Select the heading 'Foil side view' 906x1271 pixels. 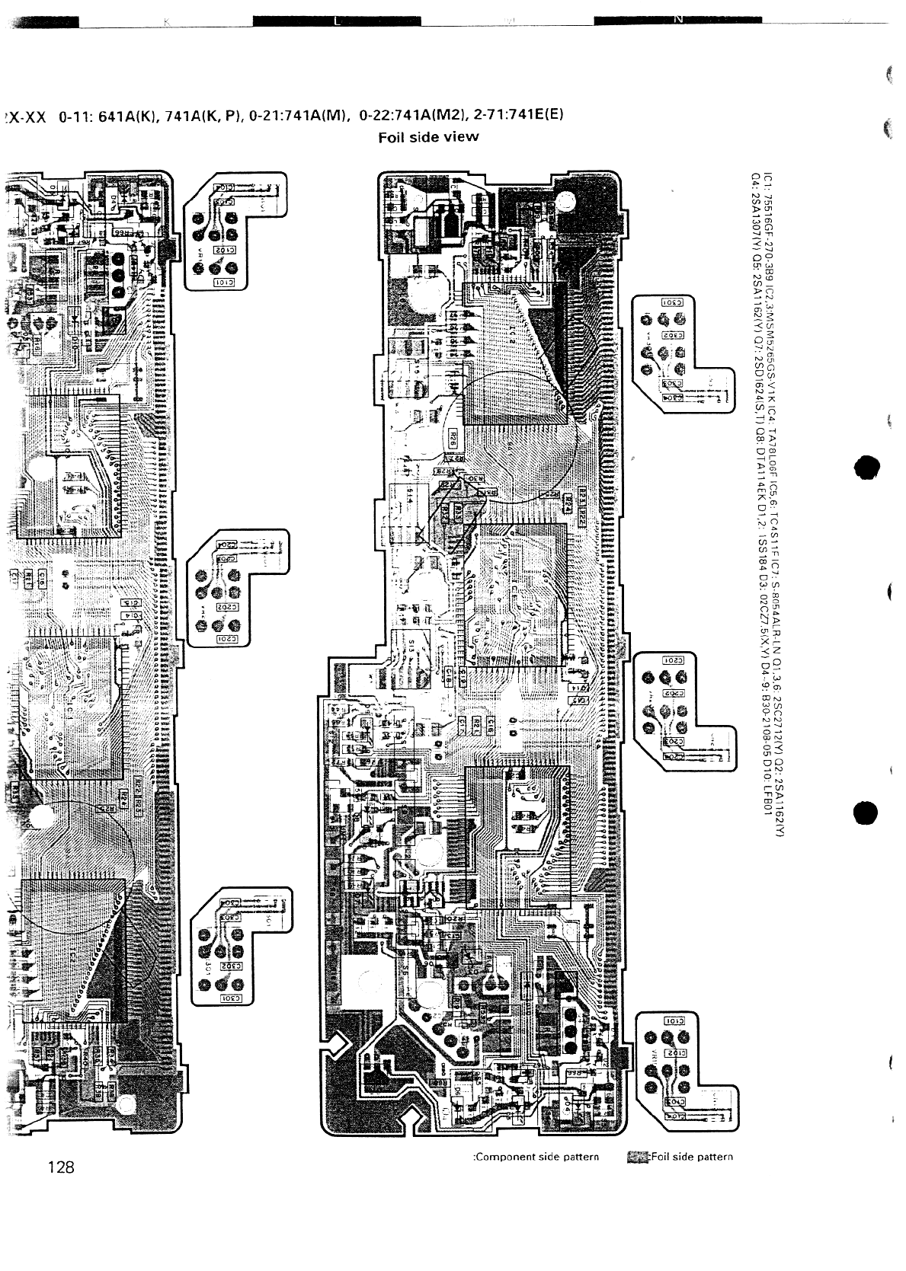[429, 137]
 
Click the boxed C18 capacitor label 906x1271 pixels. [450, 673]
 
